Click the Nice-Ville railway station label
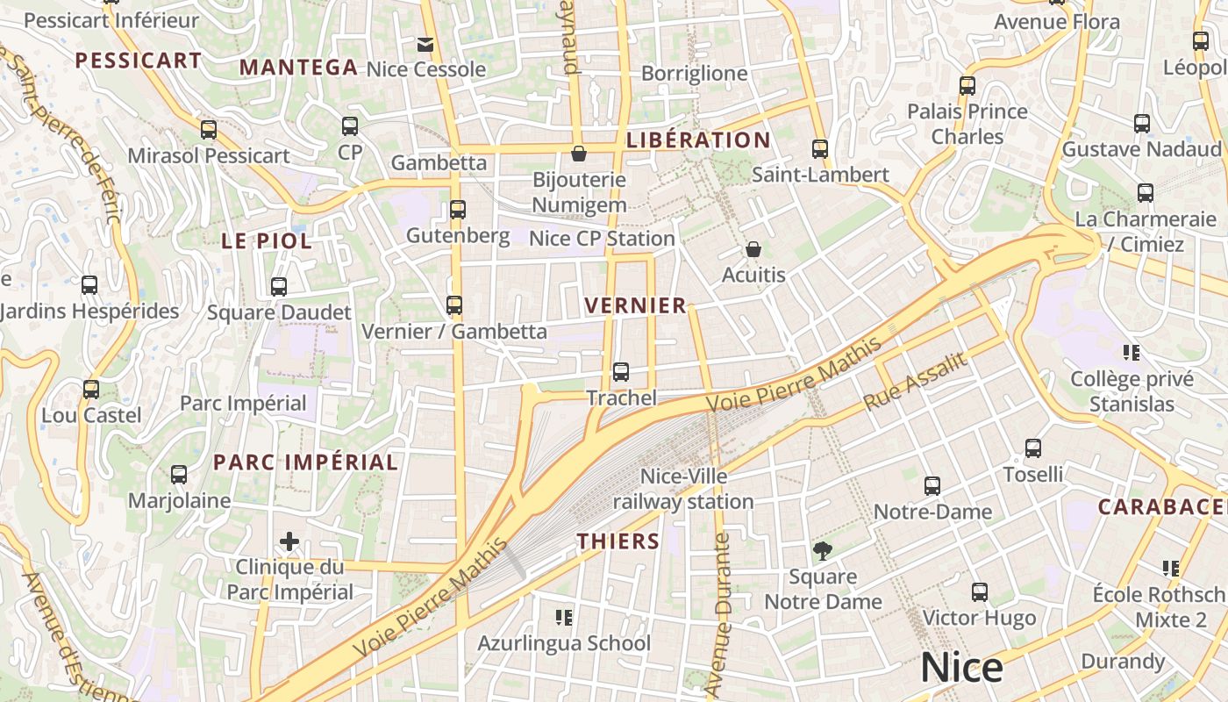pyautogui.click(x=683, y=490)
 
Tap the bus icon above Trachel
pyautogui.click(x=621, y=372)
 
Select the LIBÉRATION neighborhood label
pyautogui.click(x=698, y=140)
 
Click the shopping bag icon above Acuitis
pyautogui.click(x=753, y=250)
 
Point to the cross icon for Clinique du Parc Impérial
pyautogui.click(x=289, y=541)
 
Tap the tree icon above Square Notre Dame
pyautogui.click(x=823, y=551)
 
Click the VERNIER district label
pyautogui.click(x=635, y=305)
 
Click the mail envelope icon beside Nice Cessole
pyautogui.click(x=425, y=44)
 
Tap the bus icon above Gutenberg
pyautogui.click(x=457, y=210)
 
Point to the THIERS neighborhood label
pyautogui.click(x=618, y=541)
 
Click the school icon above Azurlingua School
pyautogui.click(x=564, y=618)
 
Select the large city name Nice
pyautogui.click(x=961, y=669)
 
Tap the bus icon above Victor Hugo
pyautogui.click(x=979, y=592)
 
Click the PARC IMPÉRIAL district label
pyautogui.click(x=305, y=462)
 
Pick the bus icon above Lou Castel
pyautogui.click(x=91, y=390)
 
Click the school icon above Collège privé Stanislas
pyautogui.click(x=1132, y=353)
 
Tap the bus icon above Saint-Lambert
pyautogui.click(x=820, y=149)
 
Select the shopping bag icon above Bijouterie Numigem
pyautogui.click(x=579, y=154)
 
